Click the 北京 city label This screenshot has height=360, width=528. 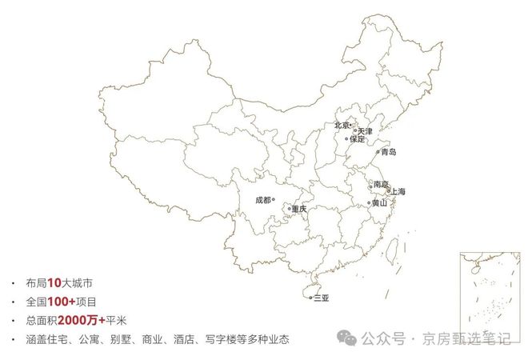tap(342, 125)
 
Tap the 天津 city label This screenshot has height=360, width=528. tap(365, 130)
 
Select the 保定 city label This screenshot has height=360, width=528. tap(358, 139)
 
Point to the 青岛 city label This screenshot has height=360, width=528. tap(389, 151)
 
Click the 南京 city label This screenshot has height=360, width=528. tap(380, 185)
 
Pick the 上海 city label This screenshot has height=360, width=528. tap(398, 191)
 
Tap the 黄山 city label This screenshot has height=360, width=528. tap(381, 203)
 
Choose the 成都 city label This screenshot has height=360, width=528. tap(262, 200)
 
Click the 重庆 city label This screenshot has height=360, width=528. tap(299, 209)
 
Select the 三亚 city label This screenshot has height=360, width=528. tap(322, 298)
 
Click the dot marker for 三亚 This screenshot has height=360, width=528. tap(311, 298)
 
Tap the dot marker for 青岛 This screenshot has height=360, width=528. tap(378, 151)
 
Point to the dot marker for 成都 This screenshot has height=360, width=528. tap(274, 200)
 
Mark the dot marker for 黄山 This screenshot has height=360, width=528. tap(370, 203)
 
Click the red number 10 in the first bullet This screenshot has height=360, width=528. tap(54, 283)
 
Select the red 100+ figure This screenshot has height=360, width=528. tap(62, 302)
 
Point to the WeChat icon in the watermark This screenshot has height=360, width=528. tap(346, 338)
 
